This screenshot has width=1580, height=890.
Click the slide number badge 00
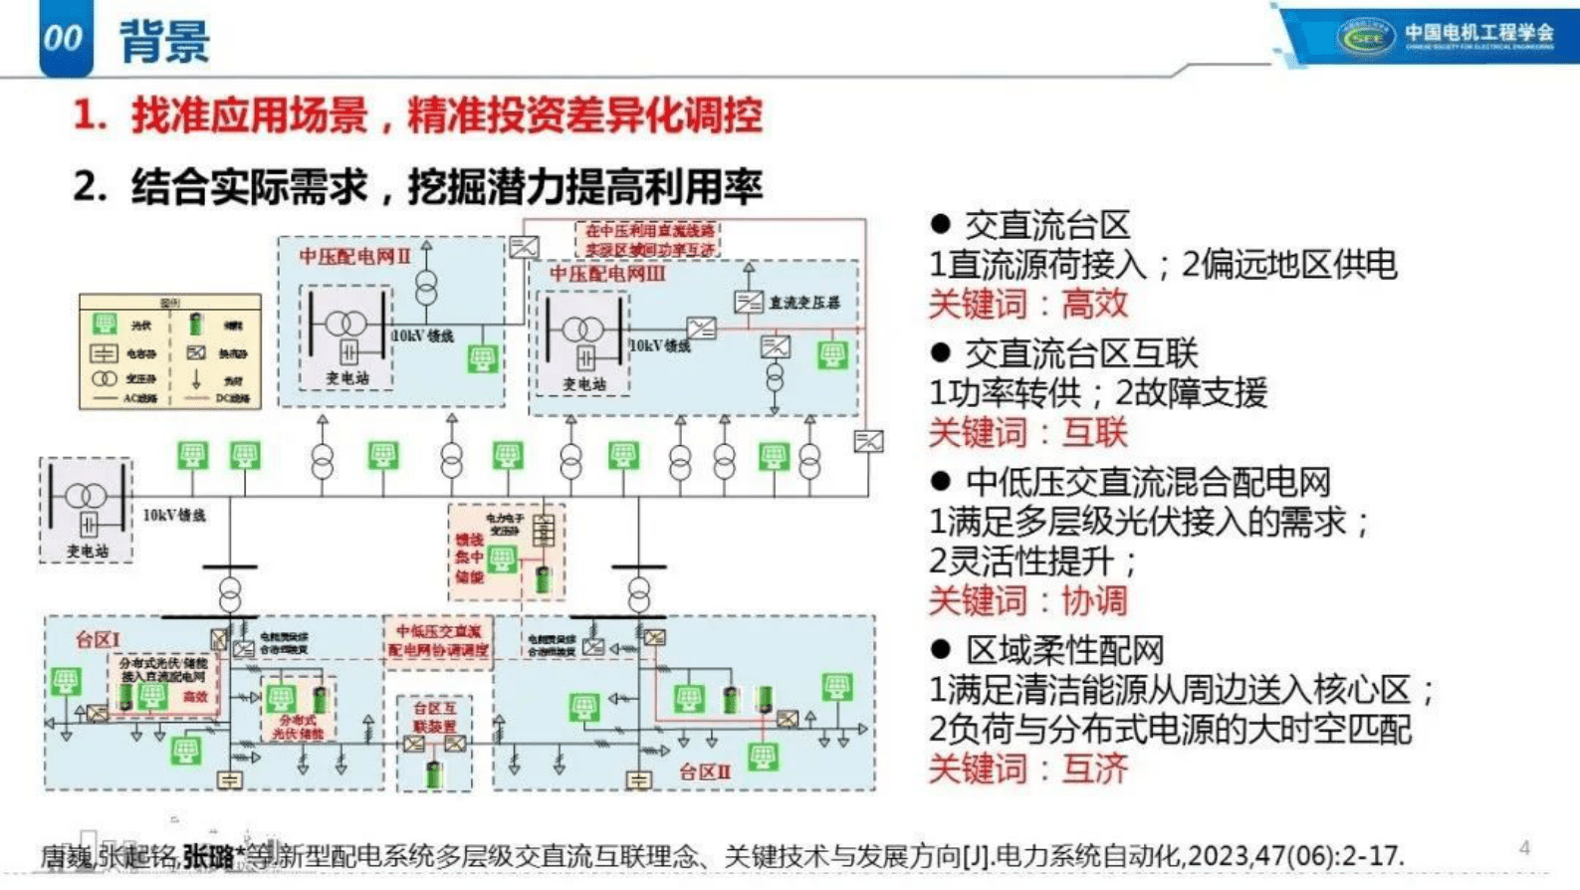pyautogui.click(x=63, y=38)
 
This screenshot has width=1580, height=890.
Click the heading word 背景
pyautogui.click(x=164, y=42)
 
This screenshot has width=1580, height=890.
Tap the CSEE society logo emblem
pyautogui.click(x=1364, y=38)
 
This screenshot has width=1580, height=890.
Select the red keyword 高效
pyautogui.click(x=1094, y=304)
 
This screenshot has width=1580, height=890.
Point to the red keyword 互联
pyautogui.click(x=1094, y=433)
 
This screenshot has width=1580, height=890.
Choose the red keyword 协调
pyautogui.click(x=1094, y=601)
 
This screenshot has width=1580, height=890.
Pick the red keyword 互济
pyautogui.click(x=1094, y=769)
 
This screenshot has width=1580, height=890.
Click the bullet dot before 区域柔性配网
pyautogui.click(x=940, y=650)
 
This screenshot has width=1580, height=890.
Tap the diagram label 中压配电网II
pyautogui.click(x=354, y=256)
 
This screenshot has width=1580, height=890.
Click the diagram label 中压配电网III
pyautogui.click(x=606, y=274)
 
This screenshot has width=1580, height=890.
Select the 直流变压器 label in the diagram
pyautogui.click(x=804, y=302)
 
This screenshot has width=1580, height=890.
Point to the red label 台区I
pyautogui.click(x=97, y=639)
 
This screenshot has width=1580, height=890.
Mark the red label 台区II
pyautogui.click(x=705, y=772)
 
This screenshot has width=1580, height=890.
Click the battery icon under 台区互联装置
pyautogui.click(x=434, y=773)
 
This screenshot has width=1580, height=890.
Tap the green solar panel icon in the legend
pyautogui.click(x=105, y=324)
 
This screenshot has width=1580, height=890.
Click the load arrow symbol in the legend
pyautogui.click(x=196, y=378)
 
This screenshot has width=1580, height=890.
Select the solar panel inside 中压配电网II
pyautogui.click(x=483, y=357)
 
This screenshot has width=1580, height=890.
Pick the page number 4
pyautogui.click(x=1524, y=847)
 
